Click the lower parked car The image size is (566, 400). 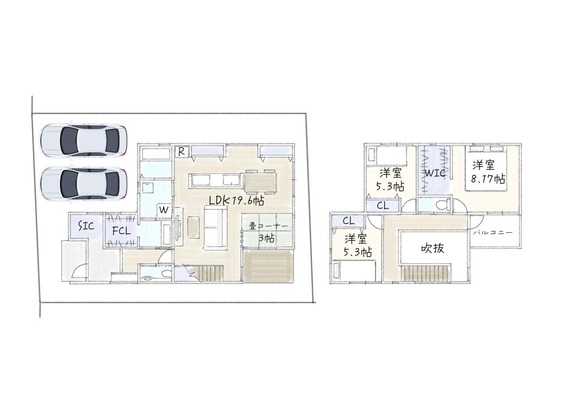point(83,184)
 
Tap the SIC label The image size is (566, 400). point(86,227)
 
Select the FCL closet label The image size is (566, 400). point(121,231)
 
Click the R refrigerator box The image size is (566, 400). point(182,152)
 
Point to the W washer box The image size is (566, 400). point(164,210)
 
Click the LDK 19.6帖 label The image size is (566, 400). point(237,201)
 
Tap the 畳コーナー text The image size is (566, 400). point(269,227)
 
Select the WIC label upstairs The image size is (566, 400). point(434,173)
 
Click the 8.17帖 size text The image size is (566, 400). point(488,178)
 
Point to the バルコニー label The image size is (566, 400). point(493,232)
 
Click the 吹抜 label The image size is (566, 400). point(433,248)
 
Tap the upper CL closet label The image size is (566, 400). point(383,206)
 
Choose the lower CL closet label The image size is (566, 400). point(349,220)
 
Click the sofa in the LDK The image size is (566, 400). point(216,227)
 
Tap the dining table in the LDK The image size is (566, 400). point(260,181)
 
